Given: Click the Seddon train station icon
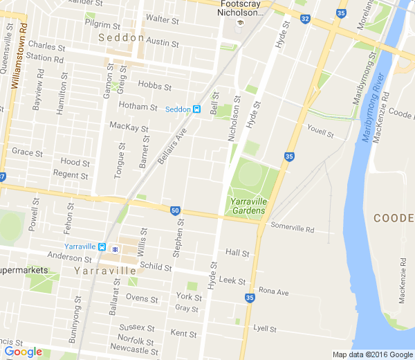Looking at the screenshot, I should [x=197, y=109].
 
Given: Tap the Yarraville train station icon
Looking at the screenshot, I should [x=102, y=247].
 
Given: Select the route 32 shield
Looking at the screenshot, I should [x=305, y=19].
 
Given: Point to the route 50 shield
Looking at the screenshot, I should [x=175, y=210].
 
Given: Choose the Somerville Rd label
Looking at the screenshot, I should [x=292, y=226].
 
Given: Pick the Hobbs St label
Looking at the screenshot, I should [x=154, y=87].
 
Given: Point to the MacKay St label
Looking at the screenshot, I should [x=129, y=127].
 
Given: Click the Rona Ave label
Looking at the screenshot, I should [x=273, y=291].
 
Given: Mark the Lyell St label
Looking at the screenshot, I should [x=264, y=328].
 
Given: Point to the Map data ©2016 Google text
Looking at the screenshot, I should [x=372, y=354].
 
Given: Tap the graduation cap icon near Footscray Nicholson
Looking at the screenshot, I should [x=239, y=23].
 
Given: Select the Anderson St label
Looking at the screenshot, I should [x=64, y=256].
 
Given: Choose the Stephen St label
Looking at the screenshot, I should [x=179, y=237].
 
